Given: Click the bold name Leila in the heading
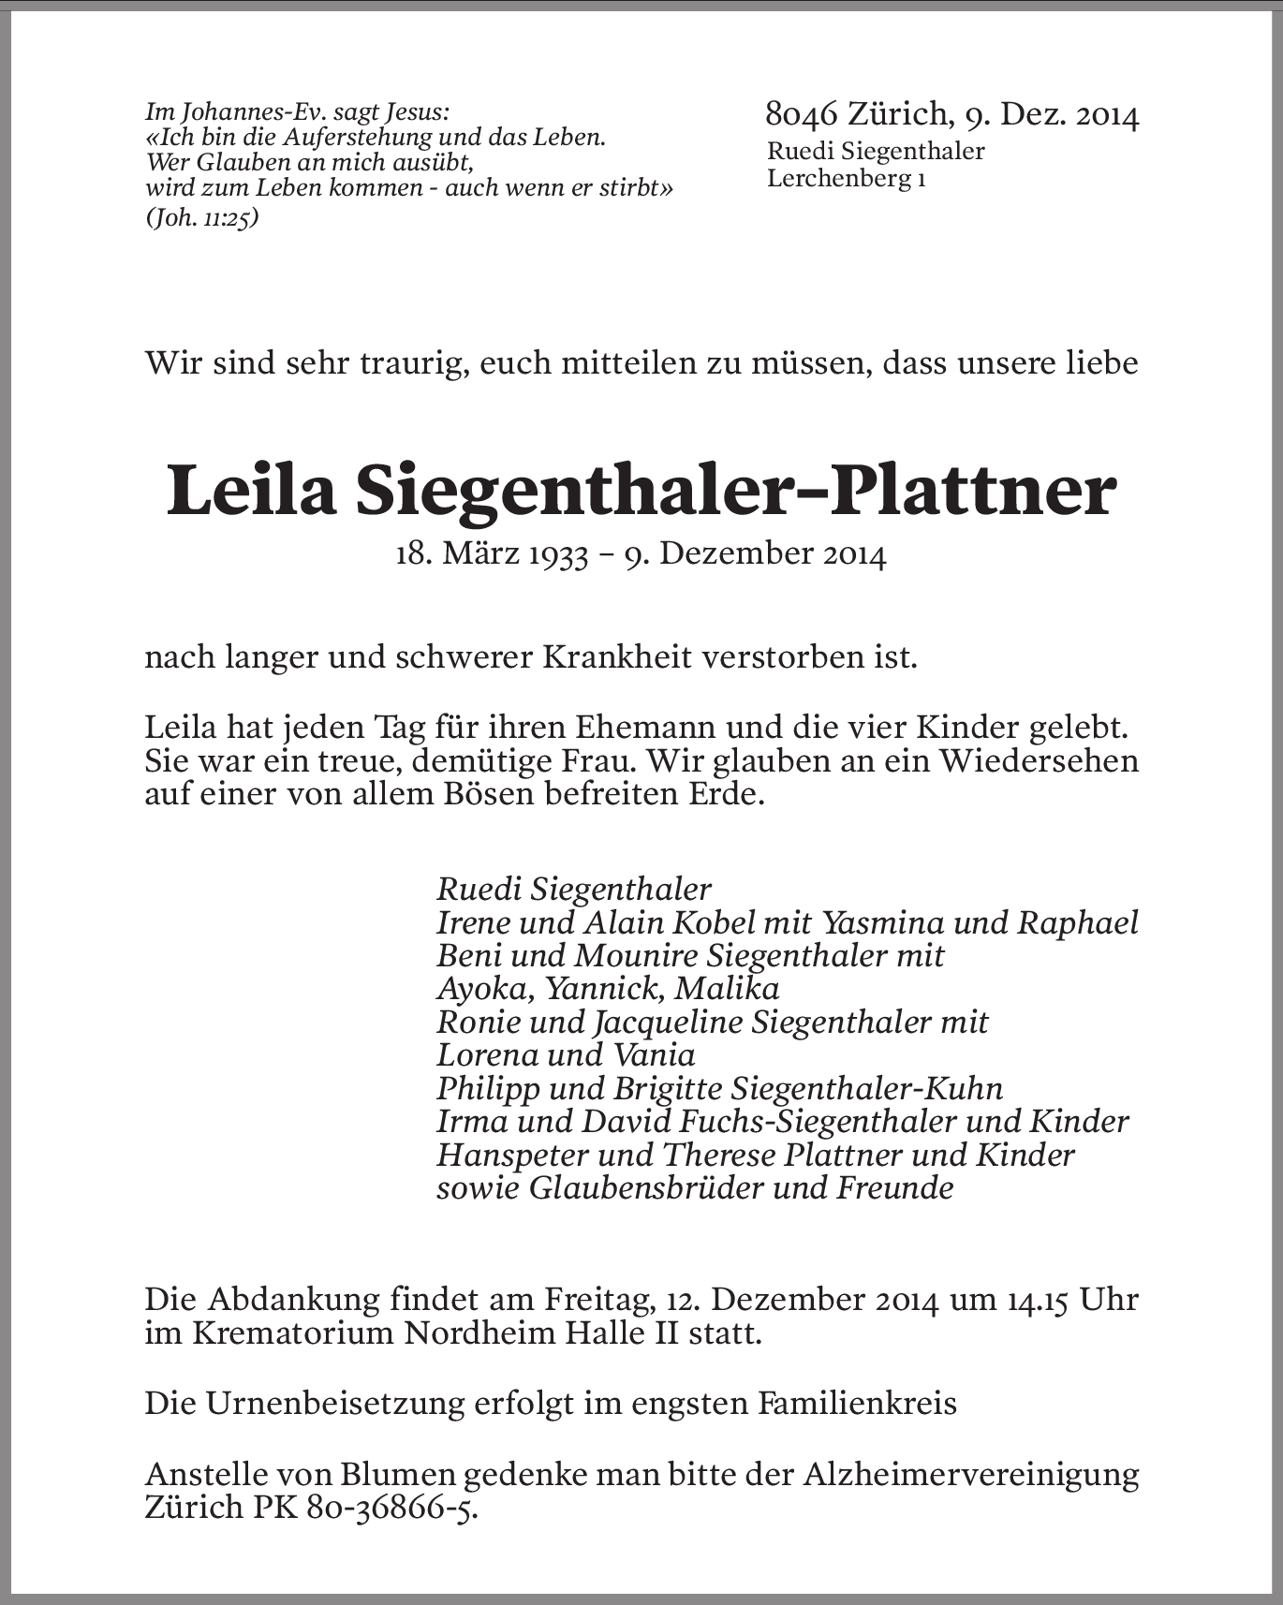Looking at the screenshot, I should click(251, 493).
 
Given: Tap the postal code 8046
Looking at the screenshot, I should click(801, 114).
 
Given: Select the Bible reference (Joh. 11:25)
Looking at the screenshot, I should click(202, 218).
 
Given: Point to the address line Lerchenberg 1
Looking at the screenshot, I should click(847, 178).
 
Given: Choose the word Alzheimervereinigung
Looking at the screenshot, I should click(971, 1475).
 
